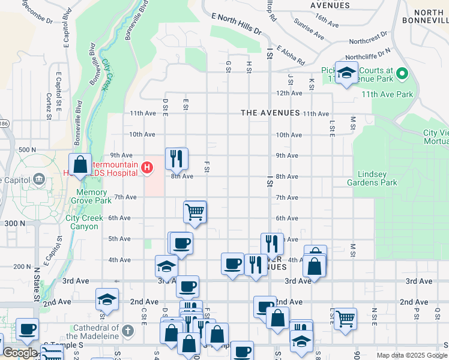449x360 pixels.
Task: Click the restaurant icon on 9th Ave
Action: pyautogui.click(x=176, y=159)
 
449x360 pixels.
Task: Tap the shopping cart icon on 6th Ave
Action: pyautogui.click(x=195, y=211)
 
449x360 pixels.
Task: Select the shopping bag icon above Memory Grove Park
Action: pyautogui.click(x=80, y=164)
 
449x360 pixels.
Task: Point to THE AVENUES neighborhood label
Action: pyautogui.click(x=270, y=113)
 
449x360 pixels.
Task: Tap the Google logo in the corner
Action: pyautogui.click(x=19, y=353)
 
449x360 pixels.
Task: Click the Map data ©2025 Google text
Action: pyautogui.click(x=412, y=355)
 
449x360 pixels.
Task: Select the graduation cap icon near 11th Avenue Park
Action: pyautogui.click(x=346, y=73)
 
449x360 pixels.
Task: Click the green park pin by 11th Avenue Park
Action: pyautogui.click(x=403, y=75)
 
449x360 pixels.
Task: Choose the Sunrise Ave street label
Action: pyautogui.click(x=309, y=29)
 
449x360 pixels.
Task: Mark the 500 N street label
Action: pyautogui.click(x=28, y=149)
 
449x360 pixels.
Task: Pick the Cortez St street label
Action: pyautogui.click(x=48, y=103)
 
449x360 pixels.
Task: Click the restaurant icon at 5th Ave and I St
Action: pyautogui.click(x=272, y=244)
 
